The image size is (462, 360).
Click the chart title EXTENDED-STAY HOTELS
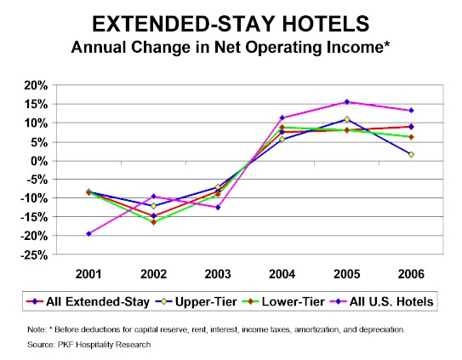pos(231,24)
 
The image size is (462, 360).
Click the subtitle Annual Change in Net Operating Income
pos(231,48)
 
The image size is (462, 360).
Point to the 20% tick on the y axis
pos(36,86)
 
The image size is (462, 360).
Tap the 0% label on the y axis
pos(38,162)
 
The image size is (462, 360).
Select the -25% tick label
pos(34,255)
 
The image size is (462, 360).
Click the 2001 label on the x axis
pos(88,274)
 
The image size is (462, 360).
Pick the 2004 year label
pos(282,274)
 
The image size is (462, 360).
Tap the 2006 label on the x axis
pos(411,274)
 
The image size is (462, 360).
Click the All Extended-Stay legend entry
pos(88,301)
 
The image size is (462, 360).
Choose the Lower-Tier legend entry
pos(283,301)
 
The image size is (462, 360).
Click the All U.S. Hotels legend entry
pos(382,301)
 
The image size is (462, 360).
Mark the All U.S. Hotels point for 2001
pos(88,233)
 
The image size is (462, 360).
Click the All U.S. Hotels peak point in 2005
pos(347,102)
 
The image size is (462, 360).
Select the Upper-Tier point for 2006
pos(411,154)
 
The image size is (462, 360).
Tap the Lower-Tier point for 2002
pos(153,222)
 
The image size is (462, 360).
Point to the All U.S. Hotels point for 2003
pos(218,208)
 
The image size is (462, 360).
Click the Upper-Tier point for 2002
pos(153,206)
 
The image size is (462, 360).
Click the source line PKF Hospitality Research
pos(89,345)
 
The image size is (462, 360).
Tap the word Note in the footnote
pos(37,329)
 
